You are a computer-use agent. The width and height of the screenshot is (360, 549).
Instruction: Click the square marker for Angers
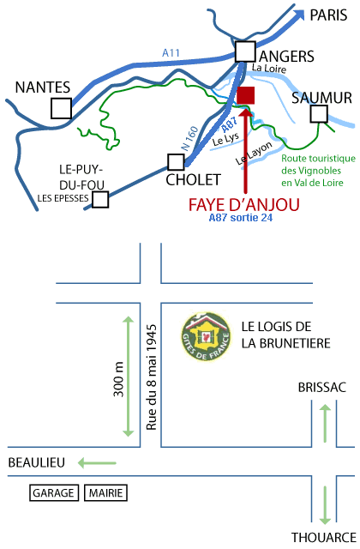[x=245, y=51]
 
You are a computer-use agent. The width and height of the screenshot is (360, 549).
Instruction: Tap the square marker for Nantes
[x=61, y=109]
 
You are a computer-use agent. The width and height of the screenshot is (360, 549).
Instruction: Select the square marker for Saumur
[x=319, y=114]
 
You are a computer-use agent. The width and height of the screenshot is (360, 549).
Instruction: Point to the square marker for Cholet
[x=176, y=162]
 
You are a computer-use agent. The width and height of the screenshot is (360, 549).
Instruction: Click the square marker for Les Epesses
[x=100, y=200]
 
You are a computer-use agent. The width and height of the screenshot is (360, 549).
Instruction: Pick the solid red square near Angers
[x=246, y=95]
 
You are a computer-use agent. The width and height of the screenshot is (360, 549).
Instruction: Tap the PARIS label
[x=328, y=15]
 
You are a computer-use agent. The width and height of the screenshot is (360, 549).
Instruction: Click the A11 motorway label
[x=171, y=53]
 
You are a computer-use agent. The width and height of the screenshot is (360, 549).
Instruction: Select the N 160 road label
[x=189, y=139]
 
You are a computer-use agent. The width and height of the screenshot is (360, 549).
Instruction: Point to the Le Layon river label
[x=254, y=153]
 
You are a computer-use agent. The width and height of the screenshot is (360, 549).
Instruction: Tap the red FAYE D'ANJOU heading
[x=243, y=205]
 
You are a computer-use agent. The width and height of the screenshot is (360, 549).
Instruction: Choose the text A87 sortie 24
[x=241, y=217]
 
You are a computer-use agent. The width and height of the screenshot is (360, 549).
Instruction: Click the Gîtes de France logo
[x=206, y=336]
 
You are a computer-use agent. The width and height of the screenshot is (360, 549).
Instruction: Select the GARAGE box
[x=53, y=493]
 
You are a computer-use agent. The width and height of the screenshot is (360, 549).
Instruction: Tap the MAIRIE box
[x=105, y=493]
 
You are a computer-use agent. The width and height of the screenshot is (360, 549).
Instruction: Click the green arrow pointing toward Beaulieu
[x=97, y=463]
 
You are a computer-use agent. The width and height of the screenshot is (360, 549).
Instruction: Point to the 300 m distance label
[x=118, y=379]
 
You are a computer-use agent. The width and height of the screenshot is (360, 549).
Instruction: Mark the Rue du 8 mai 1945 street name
[x=151, y=377]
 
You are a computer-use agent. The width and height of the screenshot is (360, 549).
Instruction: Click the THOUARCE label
[x=324, y=538]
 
